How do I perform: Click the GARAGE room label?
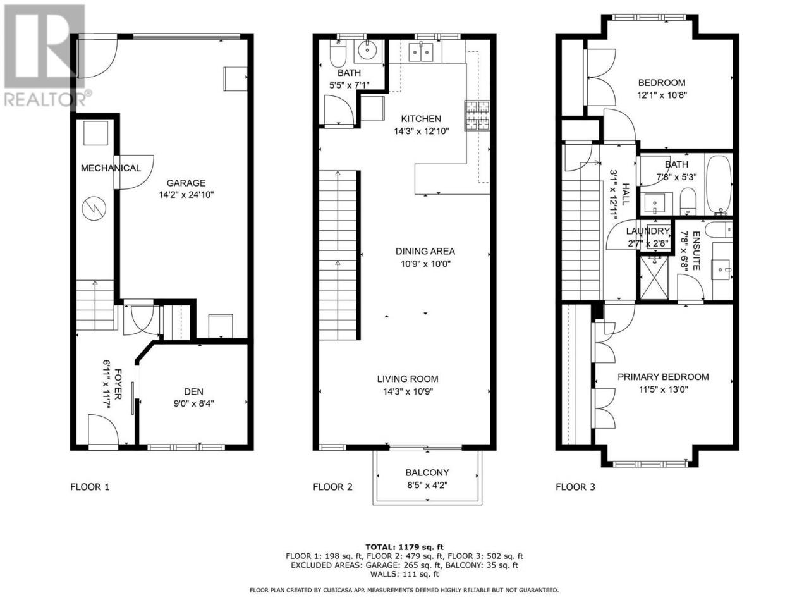pos(186,183)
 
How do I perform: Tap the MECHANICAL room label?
pos(111,168)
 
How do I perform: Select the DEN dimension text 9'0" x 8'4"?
pos(193,403)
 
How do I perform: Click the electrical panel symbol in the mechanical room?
pos(94,209)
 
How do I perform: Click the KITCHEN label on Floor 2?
pos(421,119)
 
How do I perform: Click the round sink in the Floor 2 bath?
pos(367,51)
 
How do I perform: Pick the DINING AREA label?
pos(425,252)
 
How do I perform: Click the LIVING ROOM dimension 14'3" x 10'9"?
pos(408,391)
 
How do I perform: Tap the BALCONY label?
pos(427,472)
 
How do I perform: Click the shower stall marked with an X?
pos(654,278)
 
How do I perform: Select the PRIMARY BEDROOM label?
pos(663,377)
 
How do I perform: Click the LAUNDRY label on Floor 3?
pos(648,231)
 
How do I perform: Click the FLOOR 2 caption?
pos(332,487)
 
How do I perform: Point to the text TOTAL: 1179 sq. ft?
pos(404,548)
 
